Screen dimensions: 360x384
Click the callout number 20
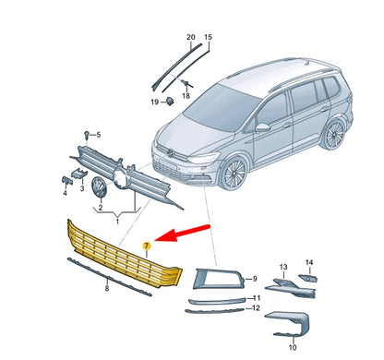click(x=190, y=38)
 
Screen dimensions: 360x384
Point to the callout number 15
click(x=208, y=38)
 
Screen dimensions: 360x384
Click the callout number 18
click(x=186, y=95)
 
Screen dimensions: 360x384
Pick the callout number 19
click(x=155, y=102)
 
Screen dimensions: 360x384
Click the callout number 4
click(x=65, y=193)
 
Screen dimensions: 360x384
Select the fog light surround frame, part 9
click(x=213, y=277)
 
